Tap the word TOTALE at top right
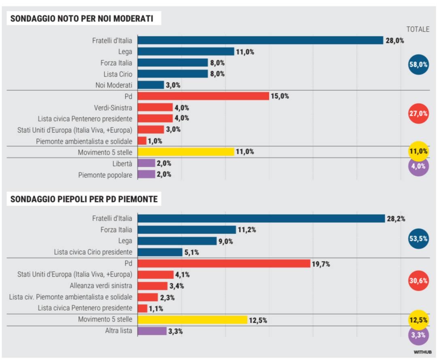tap(418, 29)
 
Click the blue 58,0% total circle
tap(418, 64)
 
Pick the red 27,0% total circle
tap(418, 113)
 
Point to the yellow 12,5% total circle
tap(418, 320)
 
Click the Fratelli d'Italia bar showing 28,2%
tap(261, 219)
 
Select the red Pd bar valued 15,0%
tap(203, 96)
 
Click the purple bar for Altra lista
tap(152, 331)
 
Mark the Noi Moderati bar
tap(151, 85)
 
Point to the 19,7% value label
tap(321, 264)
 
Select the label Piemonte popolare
tap(105, 175)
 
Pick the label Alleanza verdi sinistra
tap(101, 286)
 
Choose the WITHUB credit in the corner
tap(422, 352)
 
